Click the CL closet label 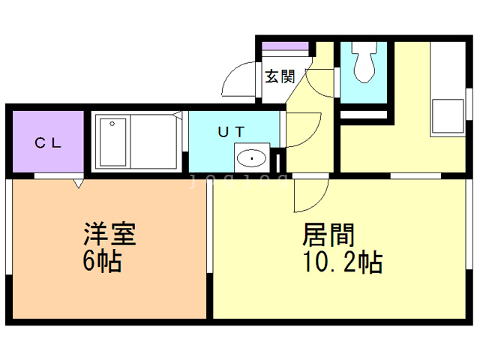click(49, 142)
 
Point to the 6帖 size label click(102, 263)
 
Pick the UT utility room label click(231, 131)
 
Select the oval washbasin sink click(252, 158)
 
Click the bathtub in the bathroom click(113, 142)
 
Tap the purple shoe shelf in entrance click(284, 46)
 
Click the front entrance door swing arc click(240, 79)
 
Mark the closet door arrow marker click(77, 182)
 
